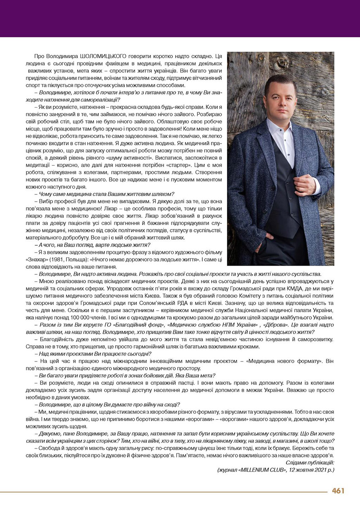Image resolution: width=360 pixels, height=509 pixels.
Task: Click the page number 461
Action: (338, 491)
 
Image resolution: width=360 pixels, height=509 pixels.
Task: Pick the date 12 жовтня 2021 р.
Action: (313, 470)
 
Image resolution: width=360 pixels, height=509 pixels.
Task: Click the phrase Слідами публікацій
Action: (310, 462)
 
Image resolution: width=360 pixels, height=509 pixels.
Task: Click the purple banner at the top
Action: (180, 18)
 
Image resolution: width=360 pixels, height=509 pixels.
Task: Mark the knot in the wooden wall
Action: (282, 62)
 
